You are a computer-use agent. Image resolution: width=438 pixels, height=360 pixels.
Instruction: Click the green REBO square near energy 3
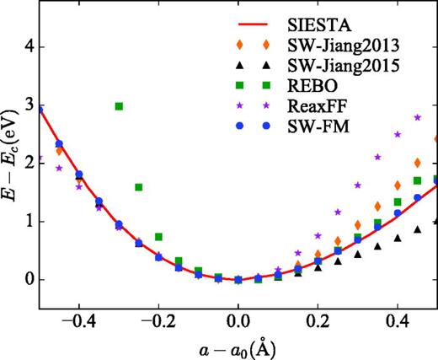(119, 106)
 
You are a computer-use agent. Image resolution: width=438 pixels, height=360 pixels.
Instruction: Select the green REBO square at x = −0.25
(139, 187)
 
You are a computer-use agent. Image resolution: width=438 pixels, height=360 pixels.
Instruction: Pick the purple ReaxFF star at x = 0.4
(398, 134)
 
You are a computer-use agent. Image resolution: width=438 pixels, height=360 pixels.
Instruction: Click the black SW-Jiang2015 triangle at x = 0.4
(398, 238)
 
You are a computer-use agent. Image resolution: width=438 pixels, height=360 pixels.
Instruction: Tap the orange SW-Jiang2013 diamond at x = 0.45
(417, 163)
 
